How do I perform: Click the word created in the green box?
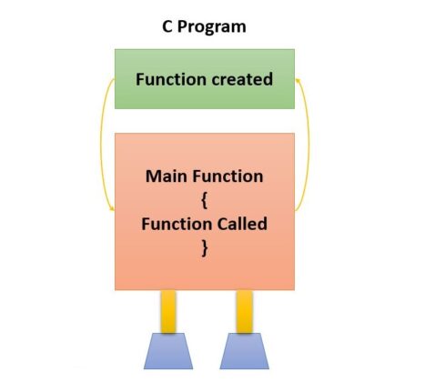pos(240,79)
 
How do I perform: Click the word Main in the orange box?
pos(166,176)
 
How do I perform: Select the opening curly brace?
pos(204,199)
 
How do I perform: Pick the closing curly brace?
pos(204,246)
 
